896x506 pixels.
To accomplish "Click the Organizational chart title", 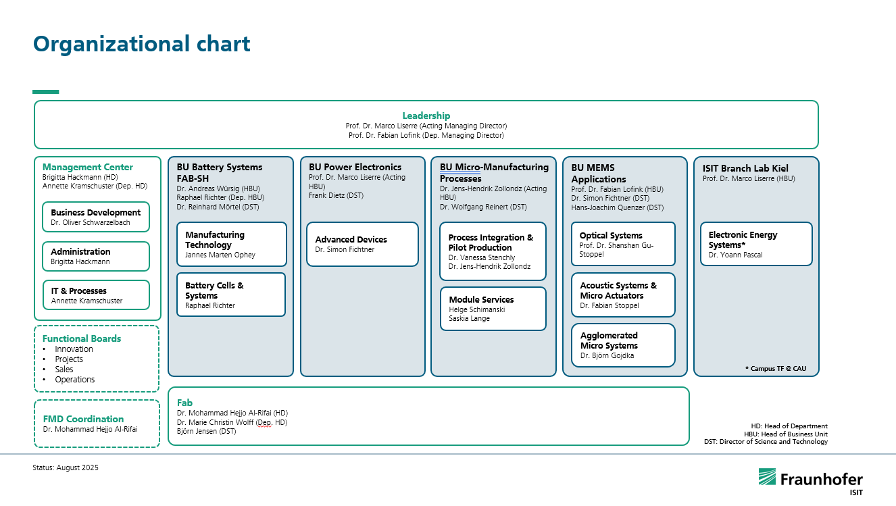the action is click(x=142, y=44).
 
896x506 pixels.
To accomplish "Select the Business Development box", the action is click(x=96, y=217).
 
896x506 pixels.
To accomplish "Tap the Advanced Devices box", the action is click(x=362, y=245).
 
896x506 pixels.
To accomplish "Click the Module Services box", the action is click(x=493, y=309).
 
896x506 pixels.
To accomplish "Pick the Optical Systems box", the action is click(x=623, y=244).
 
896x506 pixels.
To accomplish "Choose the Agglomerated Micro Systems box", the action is click(x=623, y=345).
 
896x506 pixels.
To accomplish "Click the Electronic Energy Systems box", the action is click(x=756, y=244).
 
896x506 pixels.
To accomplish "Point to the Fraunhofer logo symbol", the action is click(x=767, y=476).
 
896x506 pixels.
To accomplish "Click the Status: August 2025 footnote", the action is click(x=66, y=467).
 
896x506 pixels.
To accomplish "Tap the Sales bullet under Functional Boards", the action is click(x=64, y=370).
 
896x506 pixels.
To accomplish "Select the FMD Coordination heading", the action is click(x=83, y=419).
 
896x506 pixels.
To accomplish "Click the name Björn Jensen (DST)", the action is click(x=206, y=431).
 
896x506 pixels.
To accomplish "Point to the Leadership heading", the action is click(x=426, y=116).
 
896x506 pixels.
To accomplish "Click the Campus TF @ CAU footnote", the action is click(x=776, y=368).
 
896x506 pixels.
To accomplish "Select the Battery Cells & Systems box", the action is click(x=231, y=295).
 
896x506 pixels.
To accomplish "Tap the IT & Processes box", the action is click(x=96, y=295).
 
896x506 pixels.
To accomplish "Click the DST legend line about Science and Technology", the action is click(x=766, y=442).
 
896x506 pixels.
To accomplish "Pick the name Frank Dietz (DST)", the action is click(x=336, y=196).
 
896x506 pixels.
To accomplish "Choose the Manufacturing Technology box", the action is click(x=232, y=245).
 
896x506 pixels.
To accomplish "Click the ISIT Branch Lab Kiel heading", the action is click(x=745, y=168).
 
